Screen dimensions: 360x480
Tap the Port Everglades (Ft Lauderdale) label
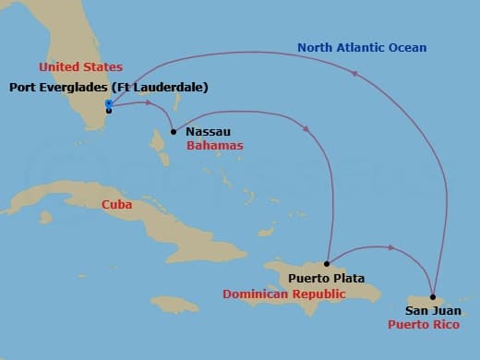tap(108, 88)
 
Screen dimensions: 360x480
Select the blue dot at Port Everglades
tap(108, 103)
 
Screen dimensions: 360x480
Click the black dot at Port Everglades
tap(109, 111)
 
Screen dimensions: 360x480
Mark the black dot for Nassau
tap(174, 132)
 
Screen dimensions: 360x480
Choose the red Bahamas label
tap(214, 146)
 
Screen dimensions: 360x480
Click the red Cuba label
tap(116, 204)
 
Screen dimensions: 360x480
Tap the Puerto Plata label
tap(326, 278)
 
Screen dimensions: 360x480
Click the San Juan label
tap(433, 311)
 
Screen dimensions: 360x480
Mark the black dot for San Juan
tap(433, 297)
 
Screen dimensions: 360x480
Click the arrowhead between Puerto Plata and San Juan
tap(391, 247)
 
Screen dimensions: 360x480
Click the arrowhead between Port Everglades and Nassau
tap(150, 103)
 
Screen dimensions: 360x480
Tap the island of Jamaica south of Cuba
tap(174, 304)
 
